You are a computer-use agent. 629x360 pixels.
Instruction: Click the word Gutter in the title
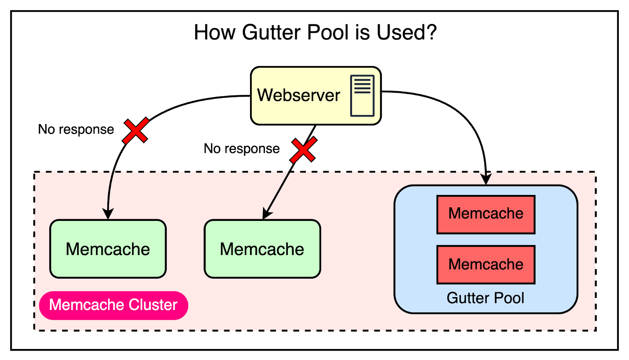coord(271,32)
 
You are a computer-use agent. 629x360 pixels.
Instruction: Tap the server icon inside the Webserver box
coord(362,96)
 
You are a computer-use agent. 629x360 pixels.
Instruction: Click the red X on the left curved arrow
coord(136,130)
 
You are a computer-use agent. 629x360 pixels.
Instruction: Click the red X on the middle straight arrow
coord(303,150)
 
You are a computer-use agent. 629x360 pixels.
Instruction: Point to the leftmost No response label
coord(76,129)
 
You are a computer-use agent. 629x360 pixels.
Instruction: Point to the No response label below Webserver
coord(241,149)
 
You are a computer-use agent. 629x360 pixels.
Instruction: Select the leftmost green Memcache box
coord(108,249)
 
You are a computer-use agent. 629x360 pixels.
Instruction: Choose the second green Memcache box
coord(262,249)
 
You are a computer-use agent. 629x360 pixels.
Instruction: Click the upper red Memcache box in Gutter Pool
coord(486,214)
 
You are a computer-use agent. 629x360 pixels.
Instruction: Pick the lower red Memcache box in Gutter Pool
coord(486,264)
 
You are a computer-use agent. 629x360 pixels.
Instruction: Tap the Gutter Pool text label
coord(485,298)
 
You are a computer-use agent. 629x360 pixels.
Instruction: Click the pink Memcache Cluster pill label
coord(113,305)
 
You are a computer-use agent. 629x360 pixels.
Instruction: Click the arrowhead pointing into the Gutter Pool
coord(486,179)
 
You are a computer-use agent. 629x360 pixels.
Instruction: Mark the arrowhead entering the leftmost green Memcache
coord(108,214)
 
